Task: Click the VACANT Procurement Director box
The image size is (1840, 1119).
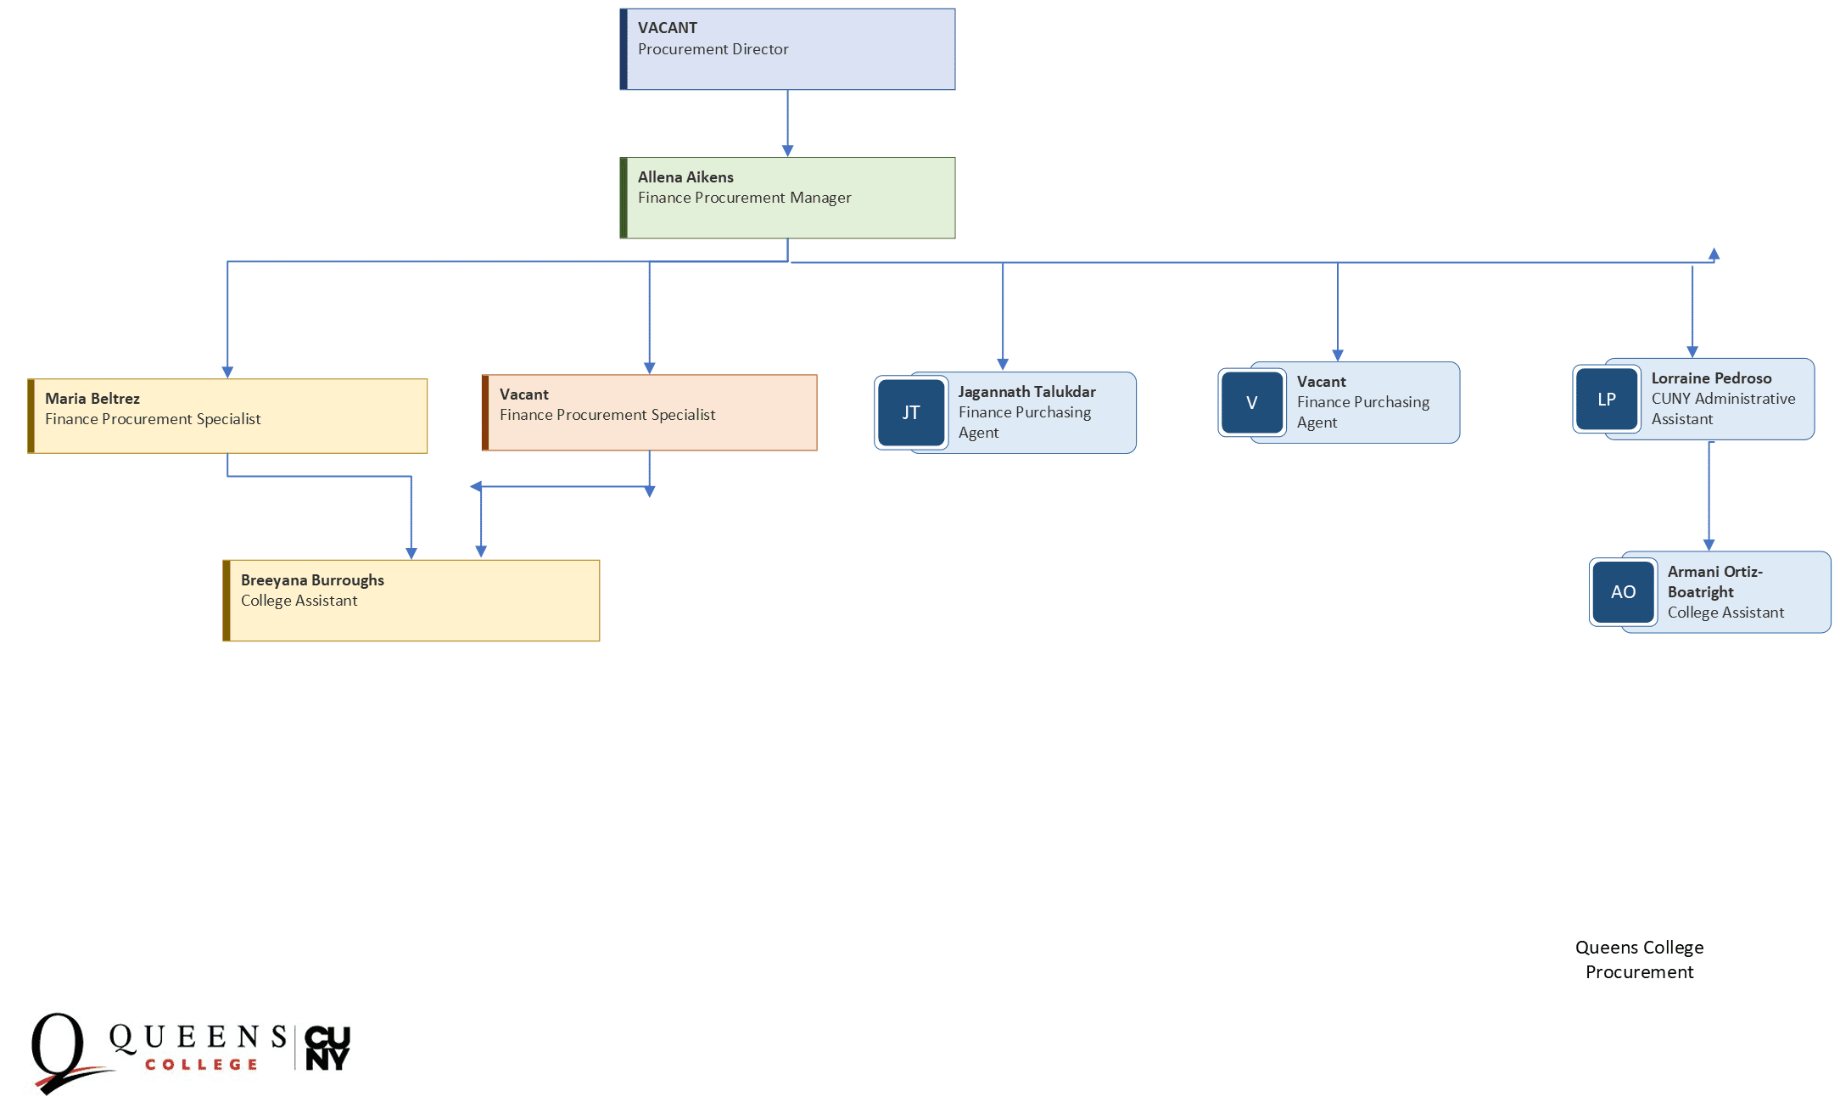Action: point(787,49)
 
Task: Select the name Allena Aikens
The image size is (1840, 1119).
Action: point(685,177)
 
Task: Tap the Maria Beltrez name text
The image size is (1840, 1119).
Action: point(92,399)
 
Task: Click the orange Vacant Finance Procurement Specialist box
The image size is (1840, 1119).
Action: point(650,413)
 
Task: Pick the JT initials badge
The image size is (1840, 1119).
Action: point(911,413)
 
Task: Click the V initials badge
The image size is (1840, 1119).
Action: point(1252,403)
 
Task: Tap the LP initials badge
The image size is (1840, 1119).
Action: point(1607,400)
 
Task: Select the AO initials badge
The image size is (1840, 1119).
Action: point(1623,592)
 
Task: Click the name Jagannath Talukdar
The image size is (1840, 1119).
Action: point(1026,392)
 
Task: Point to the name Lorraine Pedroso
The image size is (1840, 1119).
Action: point(1711,378)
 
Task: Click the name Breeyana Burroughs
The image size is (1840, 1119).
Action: point(312,580)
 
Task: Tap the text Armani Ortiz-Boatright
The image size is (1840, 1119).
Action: point(1714,582)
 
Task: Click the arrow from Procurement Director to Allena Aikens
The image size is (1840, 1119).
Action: point(787,123)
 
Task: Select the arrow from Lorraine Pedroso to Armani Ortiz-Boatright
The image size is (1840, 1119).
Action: point(1709,496)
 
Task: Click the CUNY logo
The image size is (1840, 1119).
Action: point(327,1049)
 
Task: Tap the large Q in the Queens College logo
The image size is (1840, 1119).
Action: point(58,1049)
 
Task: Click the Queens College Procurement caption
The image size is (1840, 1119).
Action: point(1639,960)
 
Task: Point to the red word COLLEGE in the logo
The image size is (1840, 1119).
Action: point(201,1065)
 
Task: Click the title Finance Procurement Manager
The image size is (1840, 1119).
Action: point(744,198)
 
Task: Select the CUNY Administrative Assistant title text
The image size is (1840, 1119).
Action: point(1722,409)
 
